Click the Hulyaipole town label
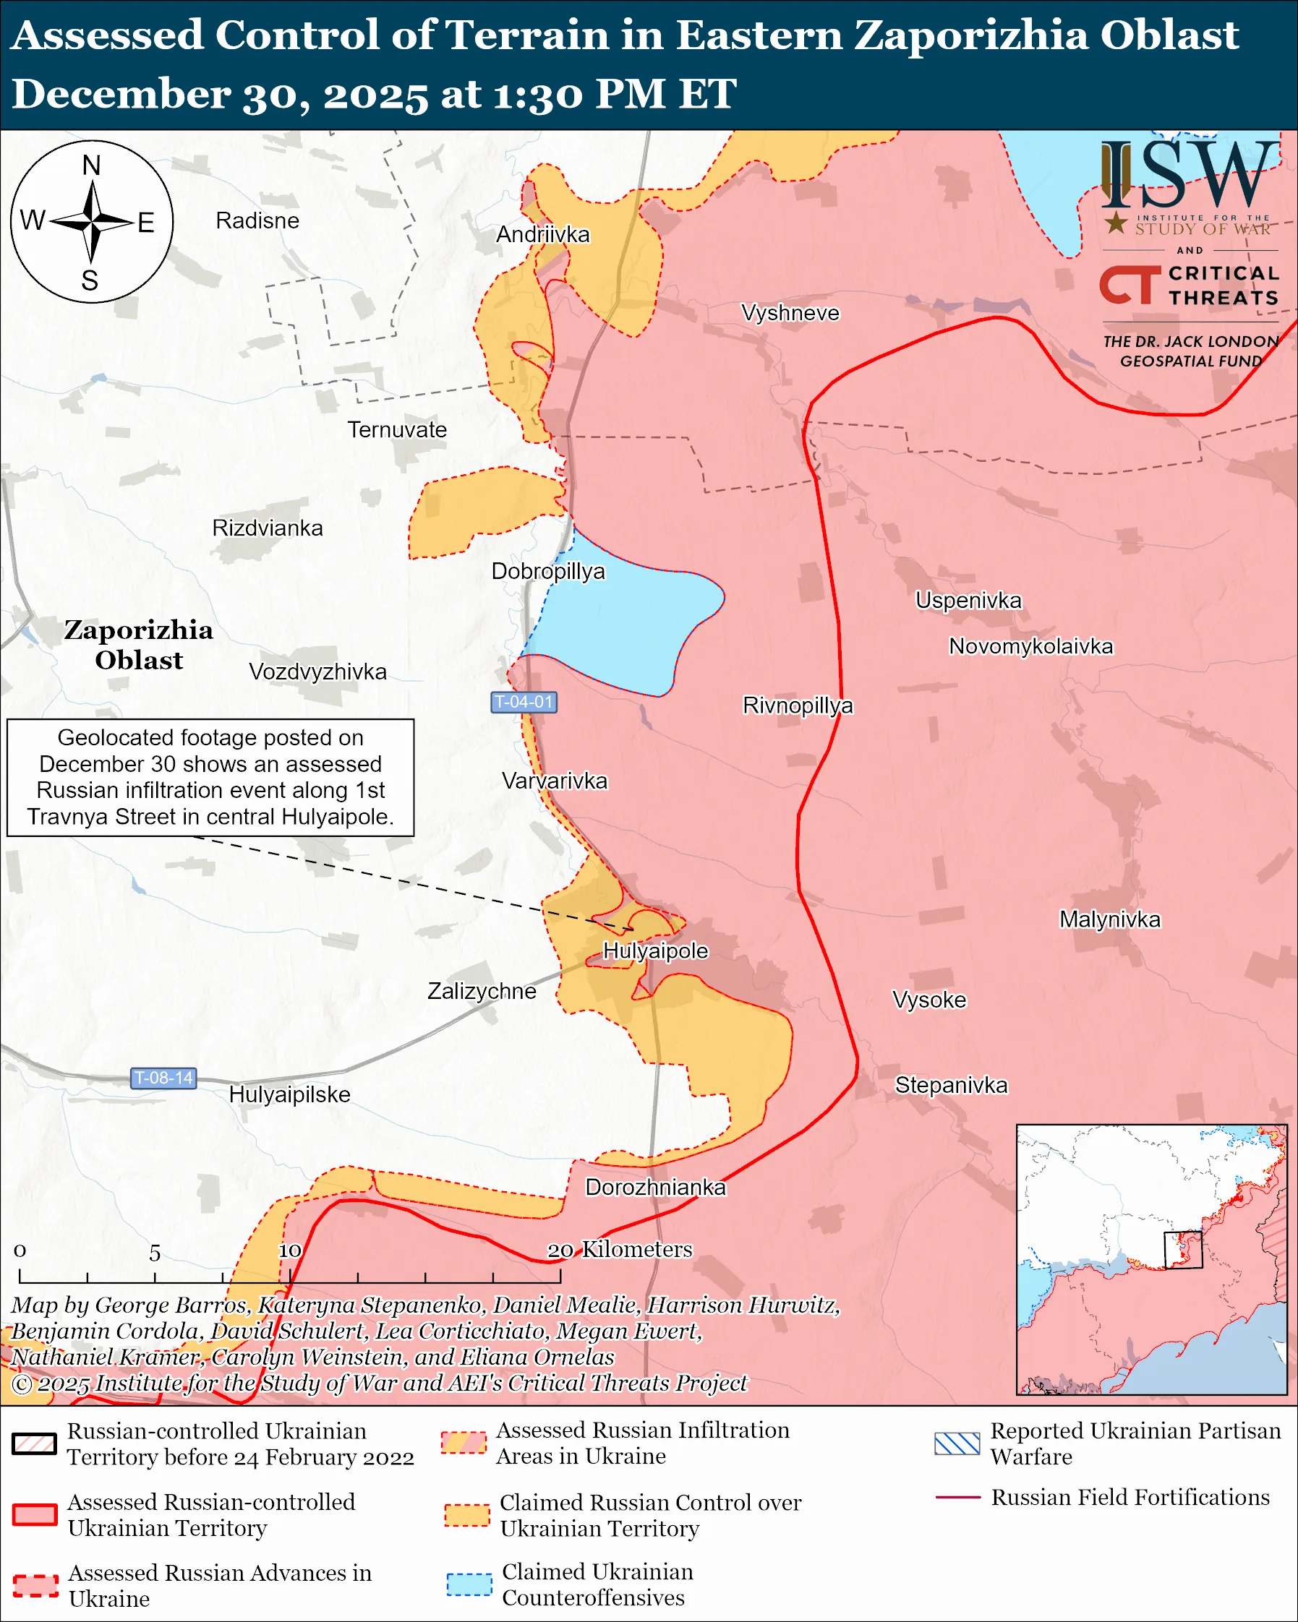(x=655, y=951)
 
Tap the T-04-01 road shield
(x=524, y=702)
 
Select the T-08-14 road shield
(x=164, y=1078)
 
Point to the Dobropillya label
(x=548, y=572)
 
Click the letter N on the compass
(x=91, y=166)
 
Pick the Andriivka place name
(x=542, y=235)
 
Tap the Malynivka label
(x=1110, y=919)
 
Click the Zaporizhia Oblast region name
(x=138, y=645)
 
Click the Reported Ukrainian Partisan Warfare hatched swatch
(x=957, y=1443)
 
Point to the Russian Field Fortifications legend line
(x=957, y=1497)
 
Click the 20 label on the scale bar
(x=560, y=1250)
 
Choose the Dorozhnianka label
(x=655, y=1187)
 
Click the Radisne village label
(x=257, y=220)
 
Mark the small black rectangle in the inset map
(x=1183, y=1250)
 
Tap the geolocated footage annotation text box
(x=210, y=777)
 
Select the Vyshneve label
(x=790, y=313)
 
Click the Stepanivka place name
(x=951, y=1085)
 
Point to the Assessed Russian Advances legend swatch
(x=35, y=1585)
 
